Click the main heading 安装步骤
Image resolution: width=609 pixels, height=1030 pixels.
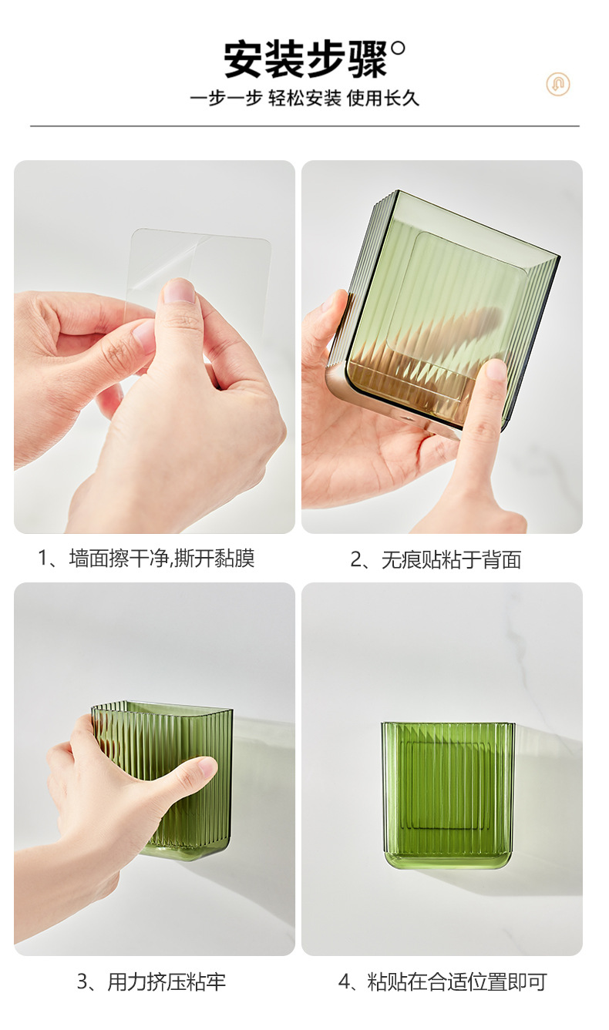[306, 60]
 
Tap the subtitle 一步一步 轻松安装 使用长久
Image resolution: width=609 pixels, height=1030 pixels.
[304, 99]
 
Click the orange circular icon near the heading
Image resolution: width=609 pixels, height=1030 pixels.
[558, 84]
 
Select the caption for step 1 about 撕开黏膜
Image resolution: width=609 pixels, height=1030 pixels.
[146, 559]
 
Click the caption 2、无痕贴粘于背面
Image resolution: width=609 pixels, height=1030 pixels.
[436, 559]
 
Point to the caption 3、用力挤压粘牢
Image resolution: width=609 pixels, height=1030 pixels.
[151, 981]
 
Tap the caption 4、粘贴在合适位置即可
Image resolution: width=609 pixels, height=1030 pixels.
[442, 981]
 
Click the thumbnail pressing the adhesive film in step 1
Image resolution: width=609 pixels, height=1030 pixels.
[180, 290]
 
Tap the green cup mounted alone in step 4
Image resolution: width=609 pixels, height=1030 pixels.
[448, 797]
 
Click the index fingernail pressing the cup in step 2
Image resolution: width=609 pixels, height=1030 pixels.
[496, 370]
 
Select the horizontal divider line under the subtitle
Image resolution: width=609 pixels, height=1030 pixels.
[304, 126]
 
